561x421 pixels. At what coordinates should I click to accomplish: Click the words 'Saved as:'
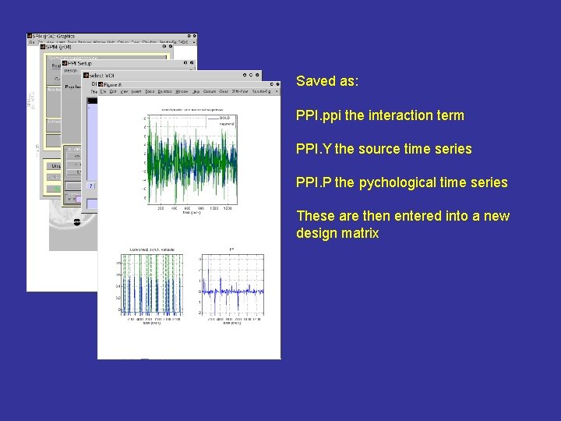click(x=327, y=81)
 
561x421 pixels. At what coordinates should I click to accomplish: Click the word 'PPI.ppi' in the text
click(x=317, y=115)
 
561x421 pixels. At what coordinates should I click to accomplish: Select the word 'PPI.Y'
click(x=313, y=149)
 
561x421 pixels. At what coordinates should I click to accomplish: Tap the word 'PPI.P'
click(x=313, y=182)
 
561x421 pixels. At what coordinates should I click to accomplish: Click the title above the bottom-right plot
click(x=232, y=249)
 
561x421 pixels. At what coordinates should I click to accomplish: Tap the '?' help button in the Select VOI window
click(x=91, y=186)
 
